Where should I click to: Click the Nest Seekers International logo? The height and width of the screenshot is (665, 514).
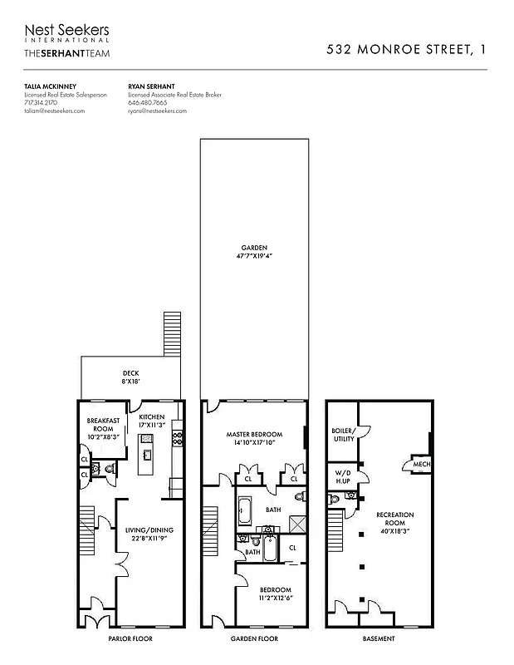(x=66, y=33)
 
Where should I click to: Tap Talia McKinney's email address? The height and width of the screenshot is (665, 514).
(x=54, y=111)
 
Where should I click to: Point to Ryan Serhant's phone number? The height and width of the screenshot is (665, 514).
(x=148, y=102)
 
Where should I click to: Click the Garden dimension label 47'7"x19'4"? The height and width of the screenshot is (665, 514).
(x=254, y=256)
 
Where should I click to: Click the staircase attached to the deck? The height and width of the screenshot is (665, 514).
(x=172, y=332)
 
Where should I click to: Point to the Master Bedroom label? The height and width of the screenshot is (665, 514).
(x=254, y=439)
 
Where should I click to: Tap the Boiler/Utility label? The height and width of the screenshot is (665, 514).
(x=343, y=434)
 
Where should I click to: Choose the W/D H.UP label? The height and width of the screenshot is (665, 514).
(x=341, y=478)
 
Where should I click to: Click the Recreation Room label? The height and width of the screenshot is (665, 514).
(x=394, y=524)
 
